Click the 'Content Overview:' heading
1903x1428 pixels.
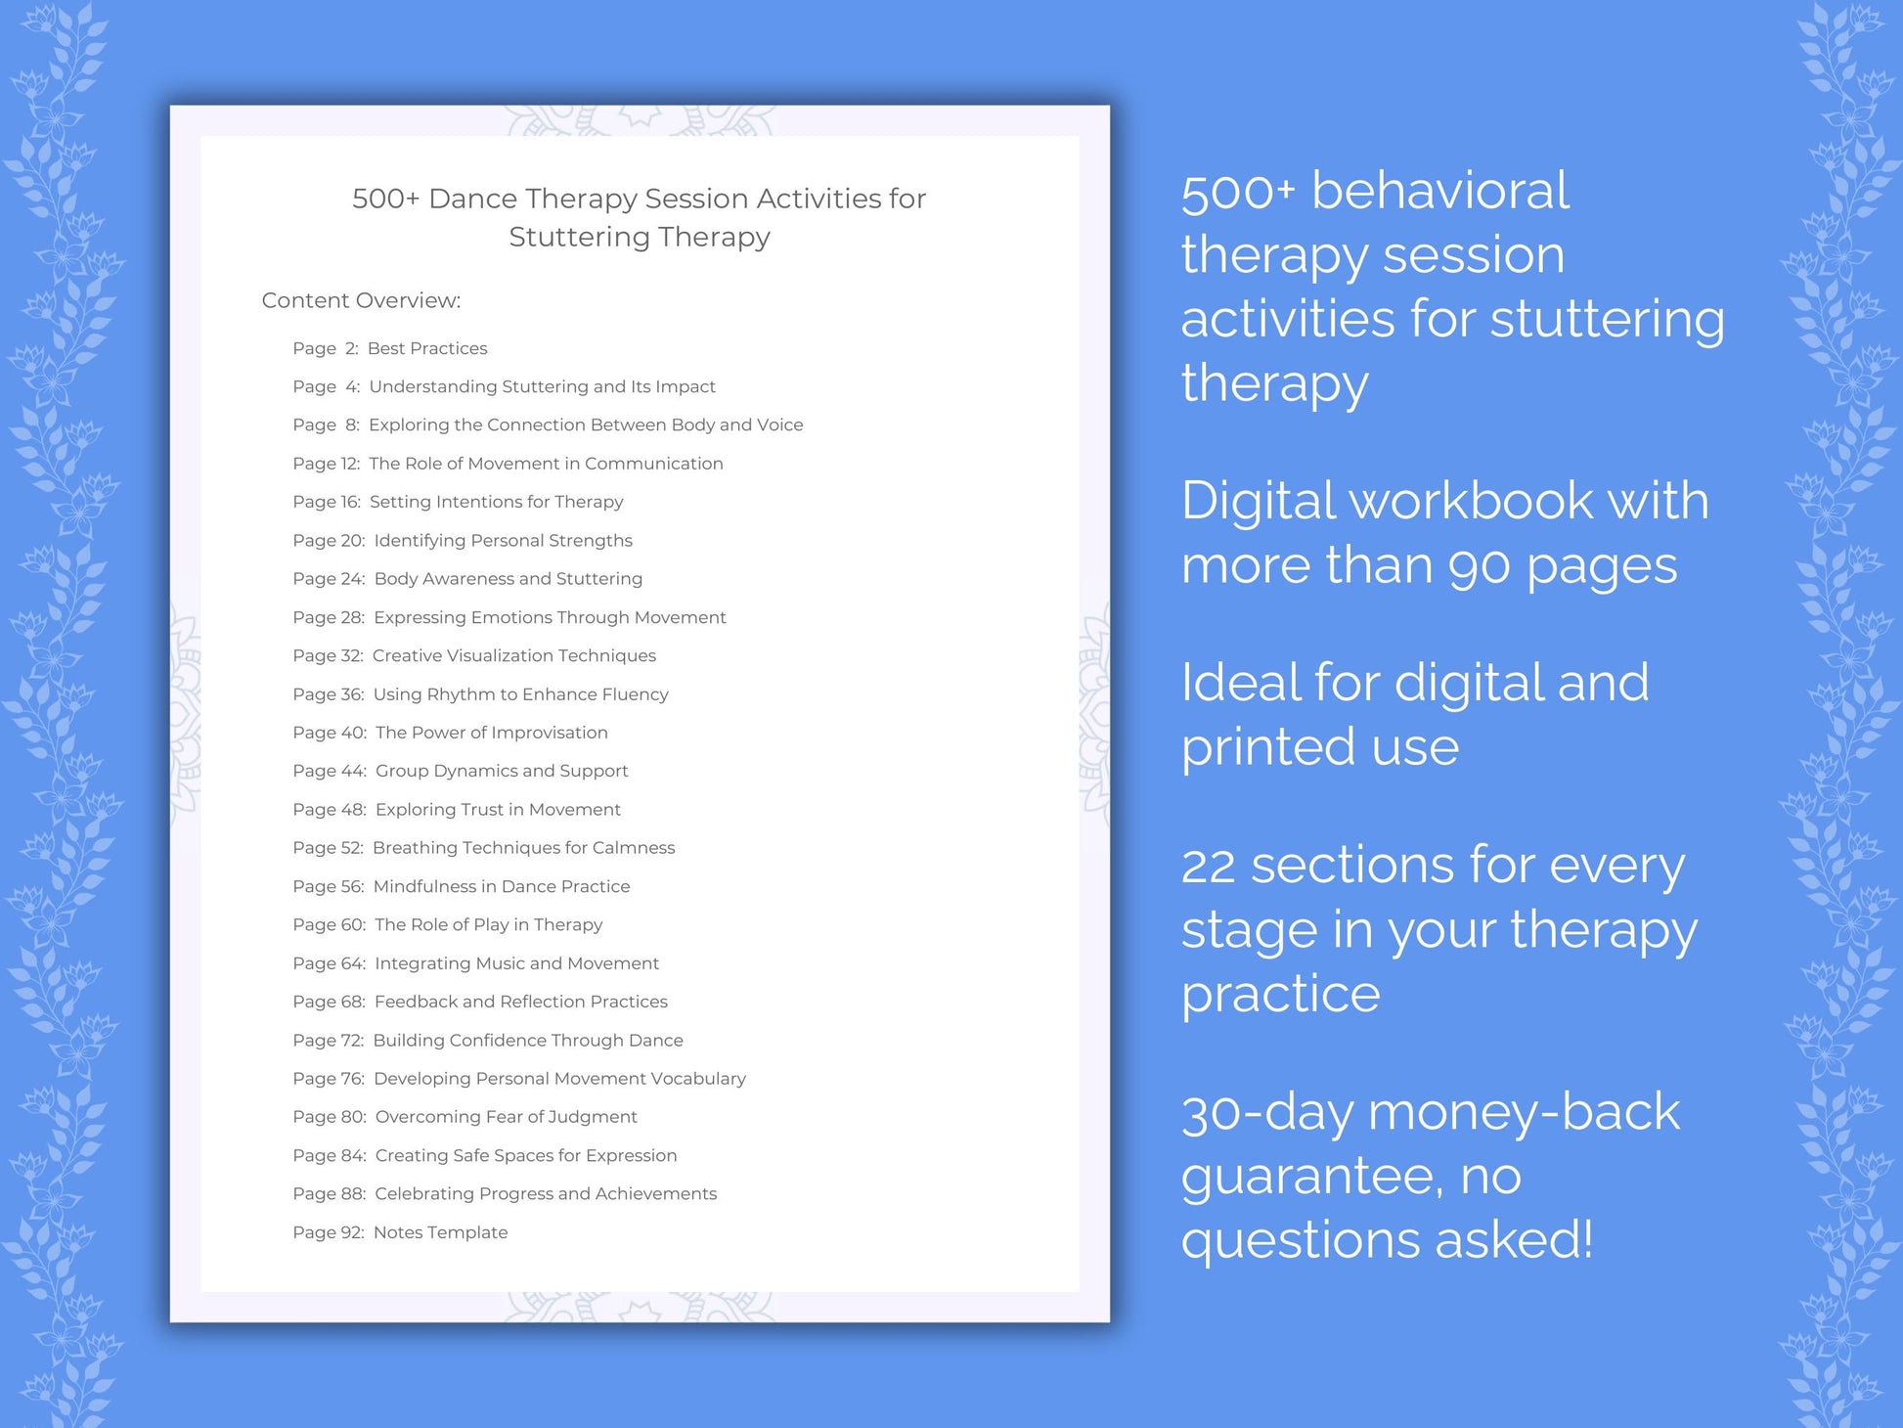point(361,300)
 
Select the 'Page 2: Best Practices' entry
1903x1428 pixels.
point(389,348)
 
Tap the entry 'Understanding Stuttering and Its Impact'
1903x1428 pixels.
point(542,386)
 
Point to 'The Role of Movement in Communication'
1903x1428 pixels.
point(546,464)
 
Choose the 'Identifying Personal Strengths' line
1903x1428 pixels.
point(503,541)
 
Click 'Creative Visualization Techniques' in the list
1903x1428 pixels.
point(513,655)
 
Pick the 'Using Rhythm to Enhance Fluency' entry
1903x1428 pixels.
point(520,694)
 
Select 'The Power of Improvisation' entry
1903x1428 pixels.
point(491,733)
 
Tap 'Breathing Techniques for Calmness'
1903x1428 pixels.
point(523,848)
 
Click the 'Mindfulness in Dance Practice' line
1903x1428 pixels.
point(502,886)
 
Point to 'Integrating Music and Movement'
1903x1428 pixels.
point(516,963)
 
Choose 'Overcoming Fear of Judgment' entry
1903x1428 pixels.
point(506,1117)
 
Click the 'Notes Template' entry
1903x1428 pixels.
point(440,1232)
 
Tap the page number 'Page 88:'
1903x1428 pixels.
point(329,1194)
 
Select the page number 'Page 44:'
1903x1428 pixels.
point(329,771)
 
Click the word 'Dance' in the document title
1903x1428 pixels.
point(471,199)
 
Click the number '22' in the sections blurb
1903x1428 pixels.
point(1209,867)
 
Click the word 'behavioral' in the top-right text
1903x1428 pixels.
point(1439,191)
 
